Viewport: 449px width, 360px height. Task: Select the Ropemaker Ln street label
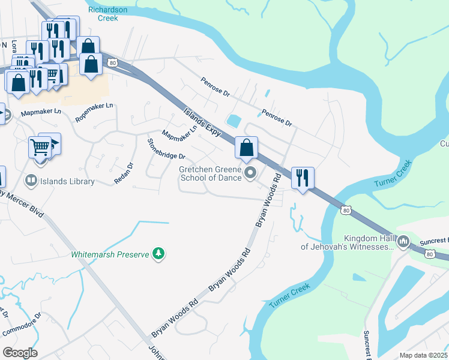point(94,113)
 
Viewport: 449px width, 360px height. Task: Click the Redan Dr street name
point(123,173)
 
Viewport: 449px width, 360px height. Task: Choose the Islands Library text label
point(67,181)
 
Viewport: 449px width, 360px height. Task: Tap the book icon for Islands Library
point(30,180)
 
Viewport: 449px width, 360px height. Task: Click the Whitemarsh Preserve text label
point(110,254)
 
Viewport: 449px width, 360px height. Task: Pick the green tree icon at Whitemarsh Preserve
point(158,254)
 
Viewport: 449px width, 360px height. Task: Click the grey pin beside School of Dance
point(252,173)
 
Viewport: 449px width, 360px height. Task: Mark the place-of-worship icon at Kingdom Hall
point(403,242)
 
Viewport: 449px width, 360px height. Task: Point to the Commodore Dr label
point(21,324)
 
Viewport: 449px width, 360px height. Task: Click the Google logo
point(20,353)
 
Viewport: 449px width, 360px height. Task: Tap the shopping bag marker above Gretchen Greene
point(246,147)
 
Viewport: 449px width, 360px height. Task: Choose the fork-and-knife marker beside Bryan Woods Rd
point(302,177)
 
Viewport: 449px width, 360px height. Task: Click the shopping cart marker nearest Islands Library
point(40,146)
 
